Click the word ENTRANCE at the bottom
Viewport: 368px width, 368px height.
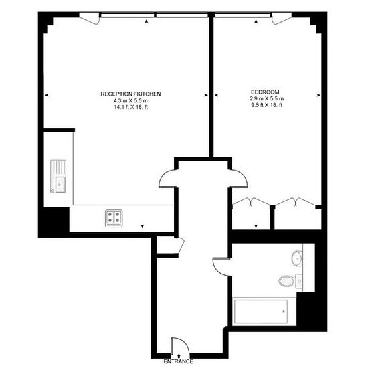[x=179, y=361]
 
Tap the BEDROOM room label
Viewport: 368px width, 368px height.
[x=265, y=92]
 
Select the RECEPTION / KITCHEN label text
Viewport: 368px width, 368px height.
[x=130, y=94]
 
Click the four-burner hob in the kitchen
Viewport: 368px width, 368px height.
[x=114, y=218]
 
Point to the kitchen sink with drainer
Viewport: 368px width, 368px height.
[x=58, y=176]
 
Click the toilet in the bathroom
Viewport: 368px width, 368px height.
[x=287, y=280]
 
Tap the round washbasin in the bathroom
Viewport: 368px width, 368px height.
[x=297, y=258]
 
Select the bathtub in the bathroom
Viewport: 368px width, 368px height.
[x=261, y=312]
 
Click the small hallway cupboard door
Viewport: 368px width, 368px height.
[x=181, y=246]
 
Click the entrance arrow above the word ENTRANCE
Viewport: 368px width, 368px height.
[x=179, y=355]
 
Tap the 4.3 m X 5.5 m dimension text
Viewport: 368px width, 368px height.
[x=130, y=100]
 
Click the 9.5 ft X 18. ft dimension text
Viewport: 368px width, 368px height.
[x=266, y=105]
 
